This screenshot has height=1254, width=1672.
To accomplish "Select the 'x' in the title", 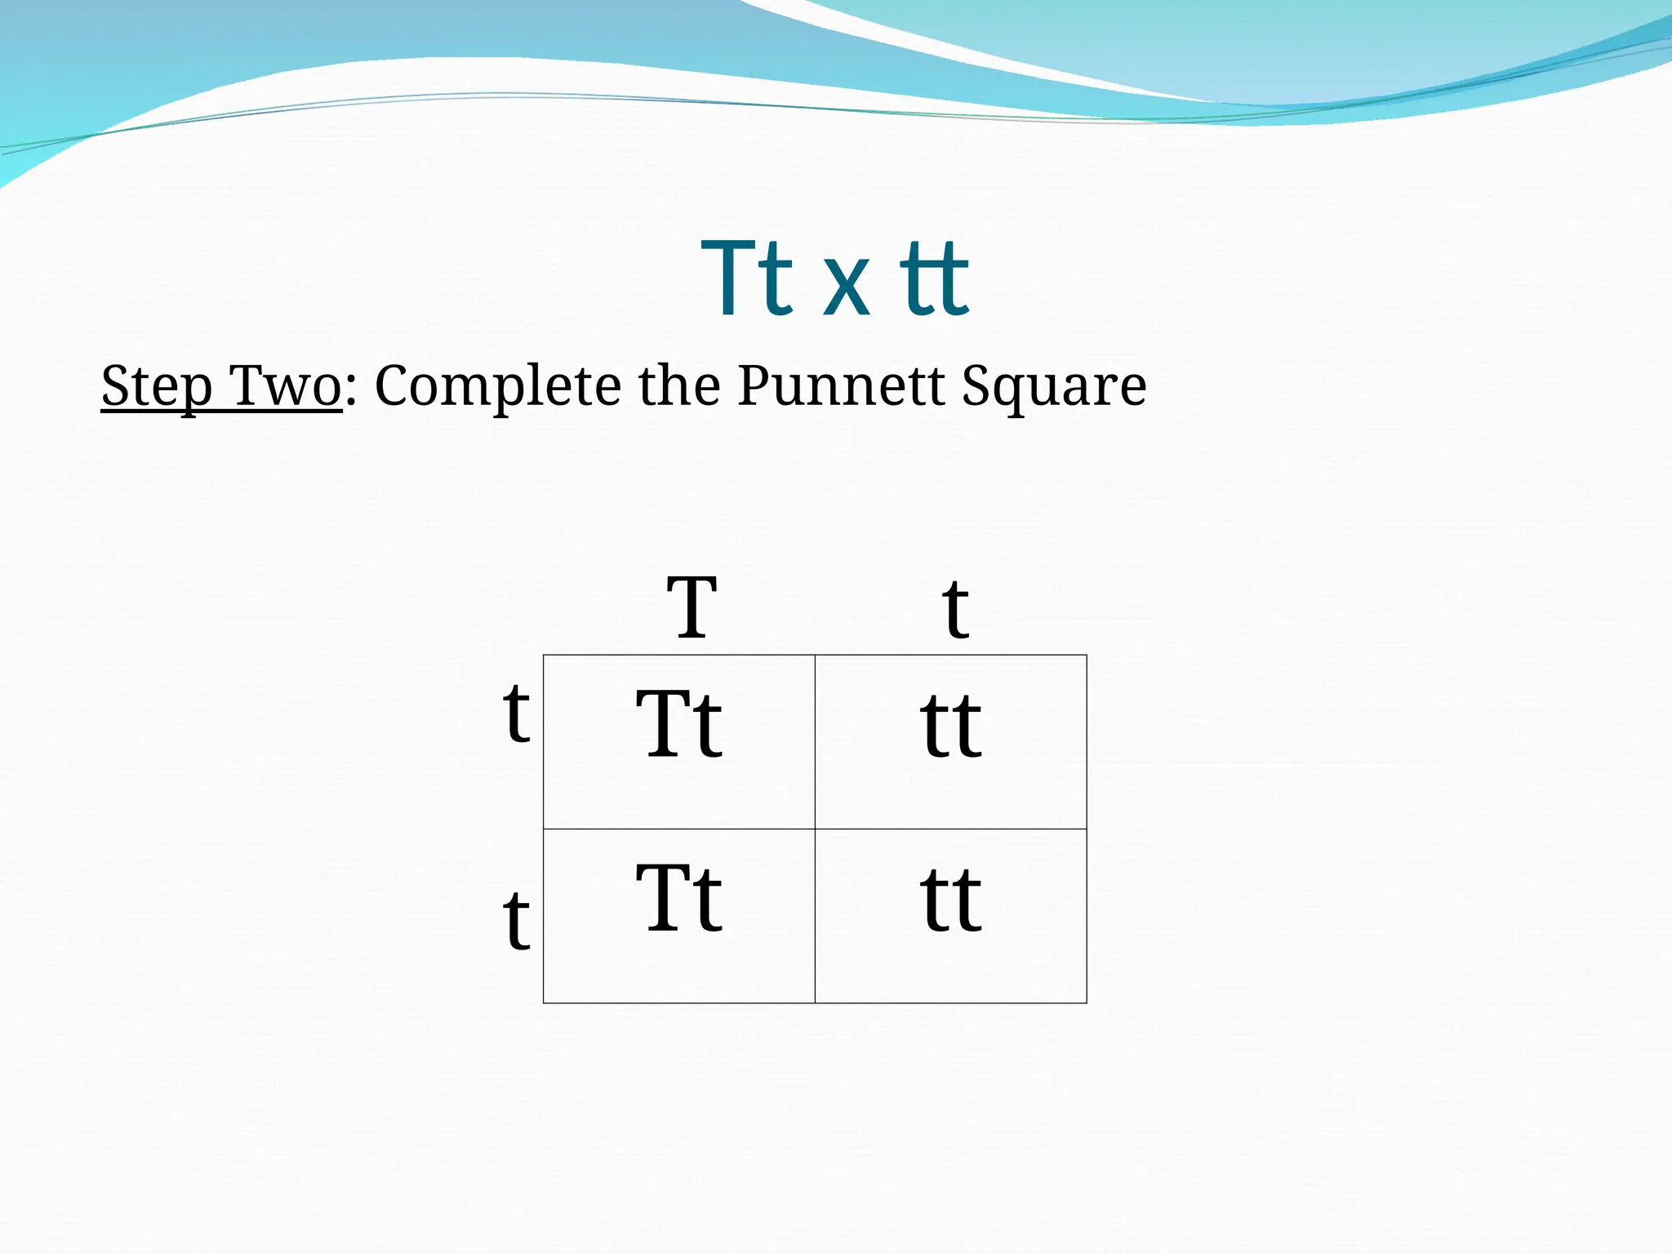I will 845,286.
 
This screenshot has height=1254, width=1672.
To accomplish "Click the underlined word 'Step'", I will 157,386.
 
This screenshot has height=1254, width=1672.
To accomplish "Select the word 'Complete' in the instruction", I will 497,386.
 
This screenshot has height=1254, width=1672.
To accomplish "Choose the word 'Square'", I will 1054,386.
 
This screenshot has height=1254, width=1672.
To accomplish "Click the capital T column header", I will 691,607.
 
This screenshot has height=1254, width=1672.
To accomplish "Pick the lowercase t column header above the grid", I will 954,609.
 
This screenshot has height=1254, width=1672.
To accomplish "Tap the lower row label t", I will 516,920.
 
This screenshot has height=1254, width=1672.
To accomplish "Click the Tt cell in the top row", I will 679,724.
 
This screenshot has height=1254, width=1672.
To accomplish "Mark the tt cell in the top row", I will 951,726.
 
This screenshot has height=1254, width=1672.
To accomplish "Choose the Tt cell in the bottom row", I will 679,898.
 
